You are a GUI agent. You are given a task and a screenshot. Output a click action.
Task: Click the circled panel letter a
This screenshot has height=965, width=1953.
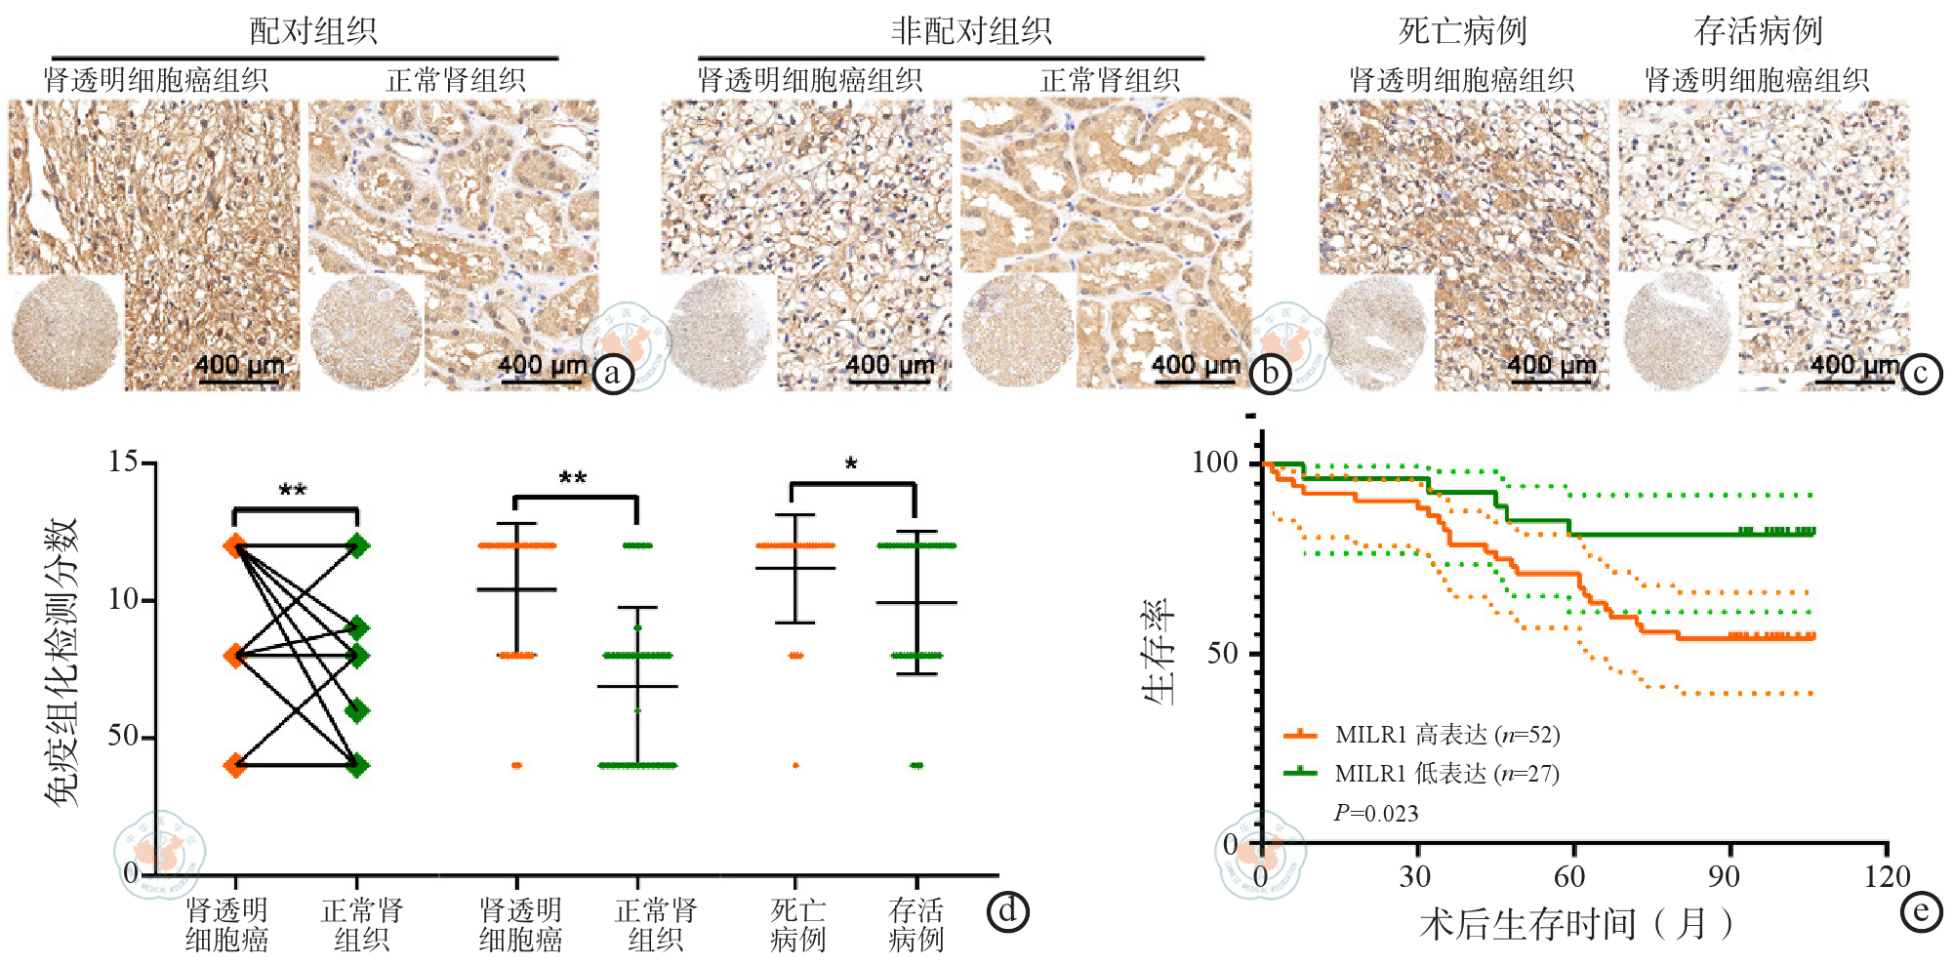click(613, 374)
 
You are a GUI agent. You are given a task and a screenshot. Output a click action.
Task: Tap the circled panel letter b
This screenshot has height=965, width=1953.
click(1270, 374)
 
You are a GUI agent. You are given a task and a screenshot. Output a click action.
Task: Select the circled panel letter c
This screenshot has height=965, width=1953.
click(1921, 374)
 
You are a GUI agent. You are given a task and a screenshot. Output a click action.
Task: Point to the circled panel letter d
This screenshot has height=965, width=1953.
click(1007, 911)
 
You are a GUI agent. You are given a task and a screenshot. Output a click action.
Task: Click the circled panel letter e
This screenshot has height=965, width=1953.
click(1921, 911)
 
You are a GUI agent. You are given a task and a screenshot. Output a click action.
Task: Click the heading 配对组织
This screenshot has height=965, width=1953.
click(313, 30)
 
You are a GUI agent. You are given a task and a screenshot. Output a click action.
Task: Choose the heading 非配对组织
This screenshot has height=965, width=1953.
click(970, 30)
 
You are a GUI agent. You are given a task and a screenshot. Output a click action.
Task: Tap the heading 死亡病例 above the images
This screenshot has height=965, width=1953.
click(1462, 30)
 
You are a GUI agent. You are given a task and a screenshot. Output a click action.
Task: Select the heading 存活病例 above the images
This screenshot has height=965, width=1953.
click(1758, 30)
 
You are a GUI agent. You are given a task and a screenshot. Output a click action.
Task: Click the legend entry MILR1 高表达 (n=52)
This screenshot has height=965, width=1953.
click(1446, 735)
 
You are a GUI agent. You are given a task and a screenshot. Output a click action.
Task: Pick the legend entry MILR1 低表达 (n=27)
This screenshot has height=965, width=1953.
click(1446, 774)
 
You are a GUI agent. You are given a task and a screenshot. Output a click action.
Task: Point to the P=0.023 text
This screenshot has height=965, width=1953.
click(1376, 813)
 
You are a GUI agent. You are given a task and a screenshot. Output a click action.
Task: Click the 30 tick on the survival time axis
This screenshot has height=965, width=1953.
click(1414, 876)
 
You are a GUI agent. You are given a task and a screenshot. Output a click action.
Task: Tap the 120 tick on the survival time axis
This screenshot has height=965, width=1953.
click(1886, 876)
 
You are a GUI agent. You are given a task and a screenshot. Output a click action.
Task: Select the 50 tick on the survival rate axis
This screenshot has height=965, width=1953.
click(1222, 653)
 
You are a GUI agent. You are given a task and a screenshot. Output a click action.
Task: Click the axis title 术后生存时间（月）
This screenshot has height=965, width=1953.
click(1575, 923)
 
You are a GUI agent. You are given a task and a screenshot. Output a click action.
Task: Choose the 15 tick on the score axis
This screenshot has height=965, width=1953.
click(124, 462)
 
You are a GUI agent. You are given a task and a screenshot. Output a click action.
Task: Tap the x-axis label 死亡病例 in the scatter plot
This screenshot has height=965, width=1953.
click(797, 925)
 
